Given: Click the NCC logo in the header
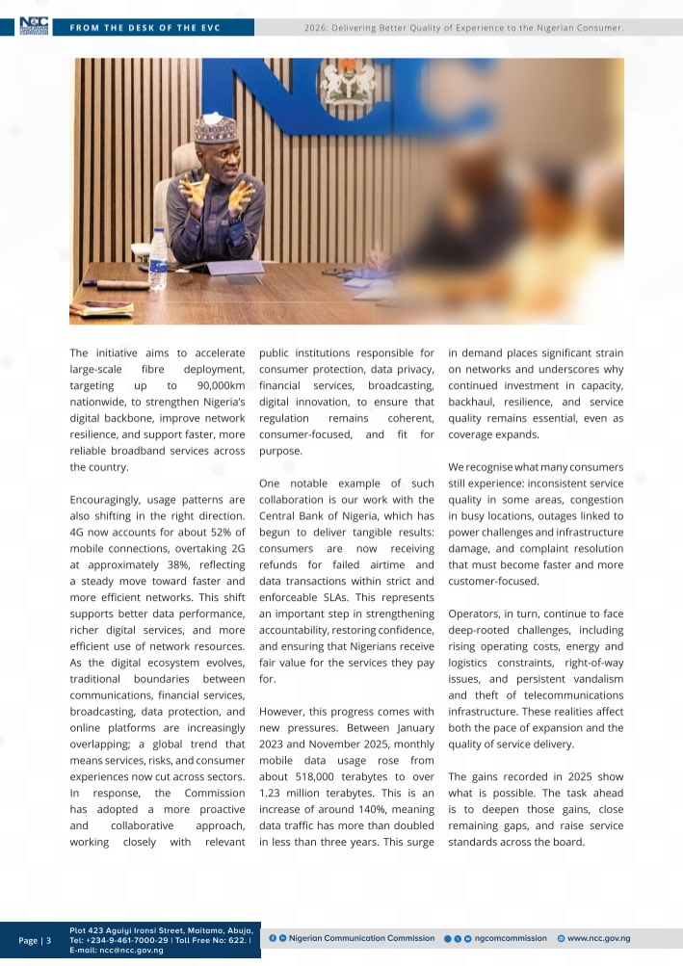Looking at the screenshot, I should coord(35,27).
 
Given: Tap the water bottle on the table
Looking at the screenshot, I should coord(158,259).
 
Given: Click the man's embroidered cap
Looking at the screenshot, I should coord(215,130).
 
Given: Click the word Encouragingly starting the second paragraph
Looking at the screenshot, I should coord(110,500).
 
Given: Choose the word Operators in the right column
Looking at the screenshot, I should coord(479,613).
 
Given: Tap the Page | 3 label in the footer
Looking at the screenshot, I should coord(35,940).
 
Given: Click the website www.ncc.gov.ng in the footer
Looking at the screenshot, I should coord(598,938).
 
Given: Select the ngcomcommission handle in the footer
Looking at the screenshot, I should coord(511,938).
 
